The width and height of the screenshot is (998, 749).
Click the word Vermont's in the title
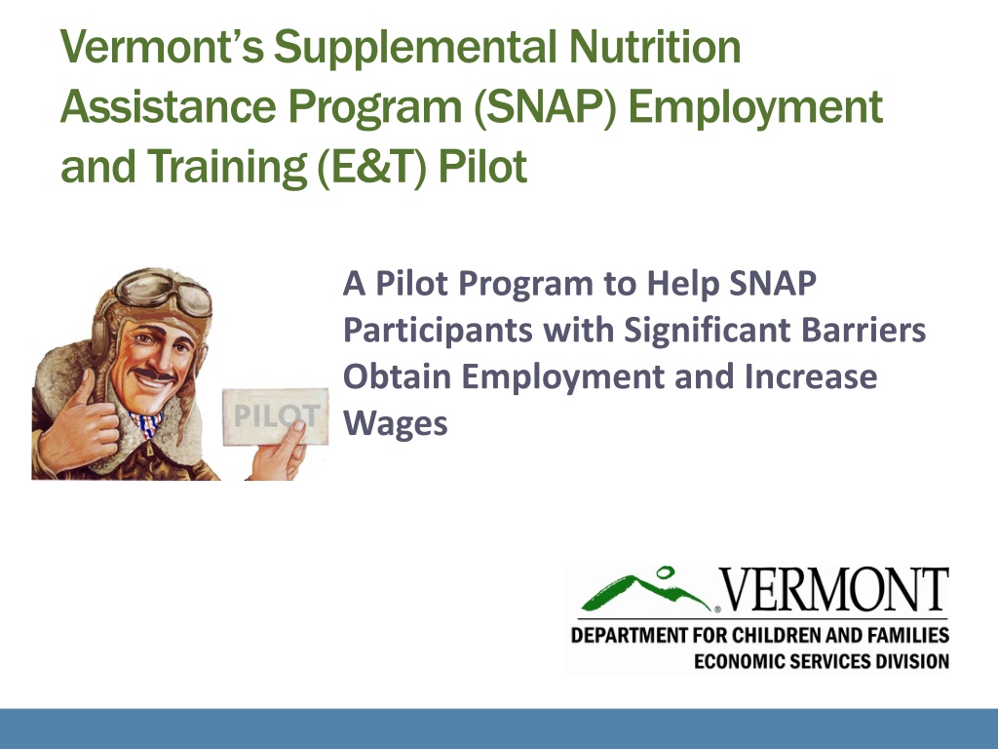click(x=162, y=47)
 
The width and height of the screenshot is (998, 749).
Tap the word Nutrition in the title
click(x=655, y=47)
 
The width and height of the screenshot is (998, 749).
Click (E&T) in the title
click(x=371, y=167)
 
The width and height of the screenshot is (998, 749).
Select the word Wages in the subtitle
click(x=396, y=423)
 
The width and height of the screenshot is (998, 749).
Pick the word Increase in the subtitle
click(x=810, y=376)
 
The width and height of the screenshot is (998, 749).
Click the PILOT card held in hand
click(x=276, y=416)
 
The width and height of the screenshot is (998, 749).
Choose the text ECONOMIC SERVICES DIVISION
click(x=821, y=661)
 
